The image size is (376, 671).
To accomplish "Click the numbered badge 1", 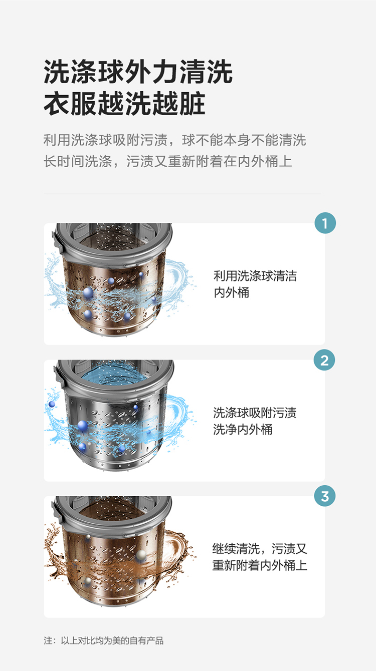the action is [x=325, y=223].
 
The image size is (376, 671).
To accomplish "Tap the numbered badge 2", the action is [x=324, y=360].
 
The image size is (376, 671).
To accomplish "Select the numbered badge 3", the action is [x=325, y=496].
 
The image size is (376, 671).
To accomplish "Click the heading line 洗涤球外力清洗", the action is [x=138, y=72].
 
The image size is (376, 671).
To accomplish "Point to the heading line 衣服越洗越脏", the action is [x=124, y=104].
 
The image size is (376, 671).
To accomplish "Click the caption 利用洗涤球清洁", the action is [x=255, y=276].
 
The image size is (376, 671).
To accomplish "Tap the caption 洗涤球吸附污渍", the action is [x=255, y=413].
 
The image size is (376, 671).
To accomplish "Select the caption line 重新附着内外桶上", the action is [x=260, y=565].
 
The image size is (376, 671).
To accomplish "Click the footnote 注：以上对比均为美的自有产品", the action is [x=104, y=641].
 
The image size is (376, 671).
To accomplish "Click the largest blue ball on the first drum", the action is [x=88, y=292].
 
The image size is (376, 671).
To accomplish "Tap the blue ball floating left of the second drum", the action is [x=52, y=404].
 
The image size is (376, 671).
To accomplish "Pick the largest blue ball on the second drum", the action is [x=82, y=426].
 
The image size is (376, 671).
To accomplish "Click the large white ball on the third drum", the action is [x=141, y=555].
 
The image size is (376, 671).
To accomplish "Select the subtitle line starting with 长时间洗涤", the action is [x=168, y=161].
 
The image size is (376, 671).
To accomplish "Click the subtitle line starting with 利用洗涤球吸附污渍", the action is [x=175, y=140].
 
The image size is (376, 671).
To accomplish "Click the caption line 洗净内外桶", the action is [x=243, y=430].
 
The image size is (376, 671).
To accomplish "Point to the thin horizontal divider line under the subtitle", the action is [x=182, y=194].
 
